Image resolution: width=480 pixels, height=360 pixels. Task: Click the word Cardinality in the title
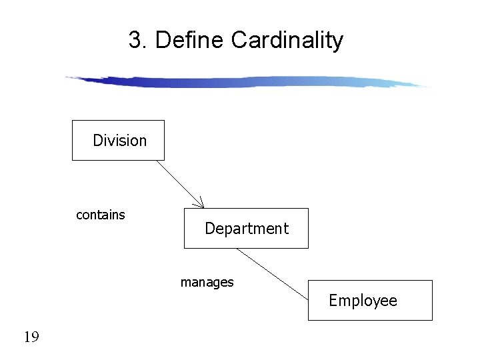[287, 41]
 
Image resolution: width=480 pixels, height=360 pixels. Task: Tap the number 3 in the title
[136, 41]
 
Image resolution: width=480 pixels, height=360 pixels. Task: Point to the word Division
[120, 141]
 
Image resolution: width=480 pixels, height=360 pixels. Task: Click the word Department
[247, 229]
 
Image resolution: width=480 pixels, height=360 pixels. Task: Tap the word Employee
[363, 301]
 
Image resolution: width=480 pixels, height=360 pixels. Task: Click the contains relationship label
[101, 215]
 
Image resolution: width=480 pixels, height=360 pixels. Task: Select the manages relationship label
[207, 283]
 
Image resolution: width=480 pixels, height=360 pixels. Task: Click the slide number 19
[31, 337]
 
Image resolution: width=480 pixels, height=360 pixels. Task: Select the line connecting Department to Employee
[273, 273]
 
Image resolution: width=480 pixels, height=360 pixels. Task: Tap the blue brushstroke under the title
[247, 82]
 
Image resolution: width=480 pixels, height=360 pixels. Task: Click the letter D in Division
[97, 141]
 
